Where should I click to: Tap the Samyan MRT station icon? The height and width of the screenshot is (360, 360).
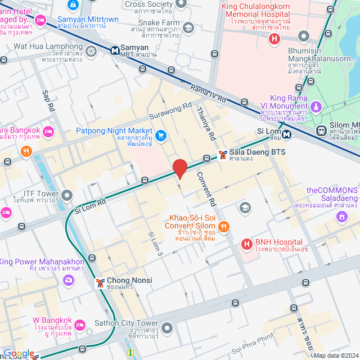click(115, 50)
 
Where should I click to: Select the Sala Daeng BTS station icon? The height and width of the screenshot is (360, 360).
click(223, 153)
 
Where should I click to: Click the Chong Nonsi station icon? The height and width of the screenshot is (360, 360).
click(100, 281)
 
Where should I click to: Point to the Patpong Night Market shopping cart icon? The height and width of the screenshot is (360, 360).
click(161, 135)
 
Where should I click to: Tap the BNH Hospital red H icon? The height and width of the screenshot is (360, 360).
click(246, 244)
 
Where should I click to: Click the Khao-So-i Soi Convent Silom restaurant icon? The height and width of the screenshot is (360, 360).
click(224, 227)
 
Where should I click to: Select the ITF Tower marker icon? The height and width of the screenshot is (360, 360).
click(67, 196)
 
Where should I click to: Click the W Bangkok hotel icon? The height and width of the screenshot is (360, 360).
click(80, 325)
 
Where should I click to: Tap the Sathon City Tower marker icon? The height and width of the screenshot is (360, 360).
click(166, 327)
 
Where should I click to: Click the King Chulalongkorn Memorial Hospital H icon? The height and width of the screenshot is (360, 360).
click(274, 39)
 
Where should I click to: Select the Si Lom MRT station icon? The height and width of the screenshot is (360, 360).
click(287, 134)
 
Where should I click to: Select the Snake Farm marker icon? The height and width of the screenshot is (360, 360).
click(188, 27)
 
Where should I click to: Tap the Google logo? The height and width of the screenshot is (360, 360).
click(19, 353)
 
